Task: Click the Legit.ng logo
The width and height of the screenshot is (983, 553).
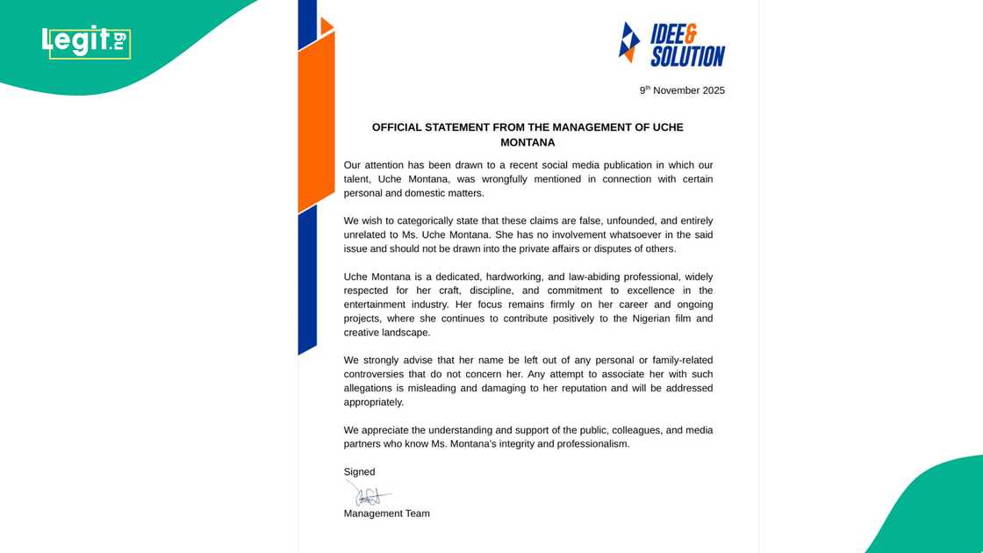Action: pos(86,41)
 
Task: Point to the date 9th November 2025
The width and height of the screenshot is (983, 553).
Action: pos(682,90)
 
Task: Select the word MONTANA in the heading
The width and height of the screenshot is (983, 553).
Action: pos(527,142)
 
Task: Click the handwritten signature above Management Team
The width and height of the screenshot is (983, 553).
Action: pos(369,494)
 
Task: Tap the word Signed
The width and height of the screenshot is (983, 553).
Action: pos(359,472)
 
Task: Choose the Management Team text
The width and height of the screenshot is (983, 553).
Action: pos(386,513)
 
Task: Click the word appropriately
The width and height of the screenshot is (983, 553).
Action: pos(374,402)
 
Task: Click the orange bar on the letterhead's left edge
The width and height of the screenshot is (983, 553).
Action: pos(316,123)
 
